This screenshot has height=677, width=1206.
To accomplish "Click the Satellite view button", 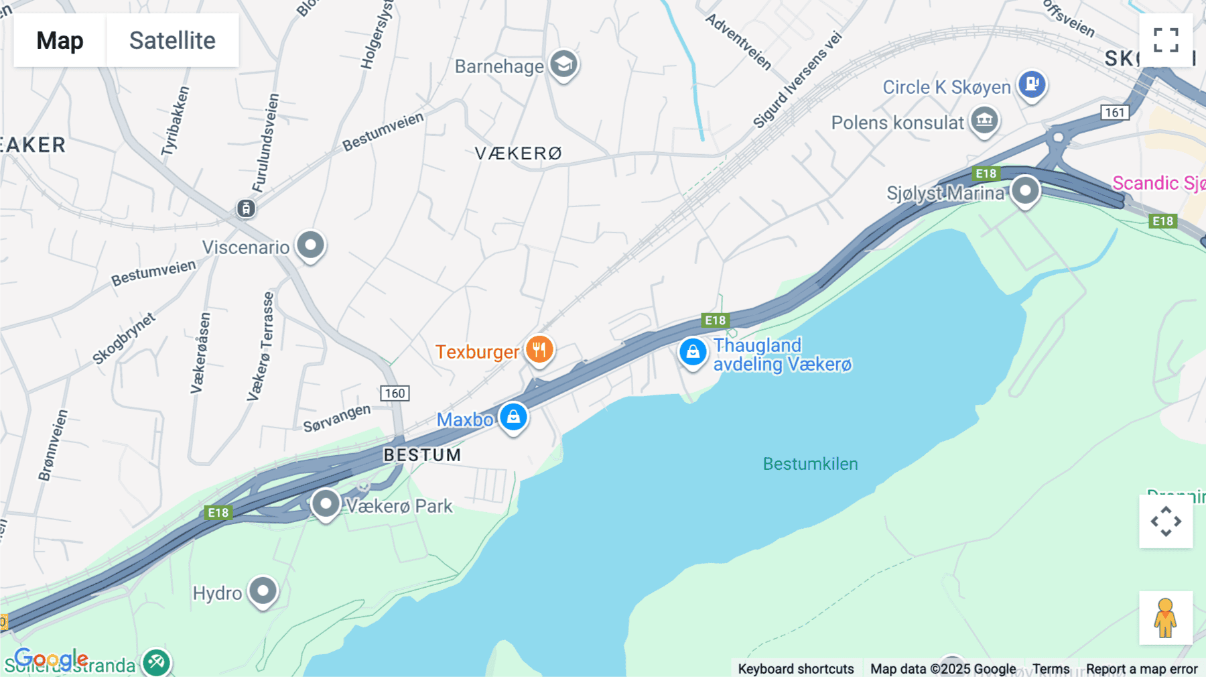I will [172, 40].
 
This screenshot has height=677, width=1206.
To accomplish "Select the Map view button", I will [60, 40].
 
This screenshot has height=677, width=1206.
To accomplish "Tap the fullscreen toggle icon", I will [1166, 40].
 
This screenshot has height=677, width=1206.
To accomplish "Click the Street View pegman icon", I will [1166, 618].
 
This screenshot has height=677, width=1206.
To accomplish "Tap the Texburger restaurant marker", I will [539, 350].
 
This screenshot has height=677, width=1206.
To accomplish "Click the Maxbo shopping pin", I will [513, 417].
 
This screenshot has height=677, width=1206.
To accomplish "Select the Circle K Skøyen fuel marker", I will [1032, 84].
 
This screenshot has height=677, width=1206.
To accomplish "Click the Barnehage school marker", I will [564, 64].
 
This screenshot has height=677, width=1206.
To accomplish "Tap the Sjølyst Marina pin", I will [1025, 191].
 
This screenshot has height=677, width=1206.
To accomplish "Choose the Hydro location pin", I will [263, 591].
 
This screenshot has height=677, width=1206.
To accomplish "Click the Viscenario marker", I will [310, 245].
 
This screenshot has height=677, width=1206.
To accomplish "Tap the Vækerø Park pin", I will [326, 503].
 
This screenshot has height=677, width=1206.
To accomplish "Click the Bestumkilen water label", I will [810, 464].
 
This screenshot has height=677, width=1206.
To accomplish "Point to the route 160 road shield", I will [395, 393].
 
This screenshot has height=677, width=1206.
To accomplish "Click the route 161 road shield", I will [1115, 113].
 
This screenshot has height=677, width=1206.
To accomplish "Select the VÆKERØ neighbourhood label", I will [518, 153].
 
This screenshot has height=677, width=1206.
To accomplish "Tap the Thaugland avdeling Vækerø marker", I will [693, 351].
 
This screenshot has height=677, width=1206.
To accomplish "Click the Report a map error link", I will [1142, 669].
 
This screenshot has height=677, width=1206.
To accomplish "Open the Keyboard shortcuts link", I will [795, 669].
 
